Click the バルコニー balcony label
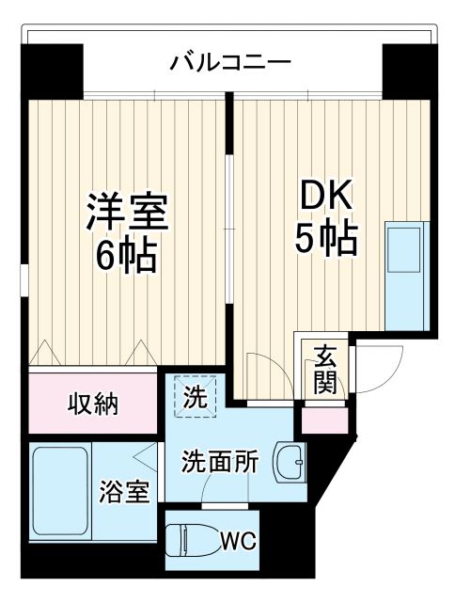(230, 64)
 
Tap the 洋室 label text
(127, 213)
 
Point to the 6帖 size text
(127, 255)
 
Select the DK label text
(325, 197)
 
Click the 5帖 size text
(325, 241)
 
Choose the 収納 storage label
(92, 405)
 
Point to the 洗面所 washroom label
(220, 463)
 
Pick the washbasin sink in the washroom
(290, 462)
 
